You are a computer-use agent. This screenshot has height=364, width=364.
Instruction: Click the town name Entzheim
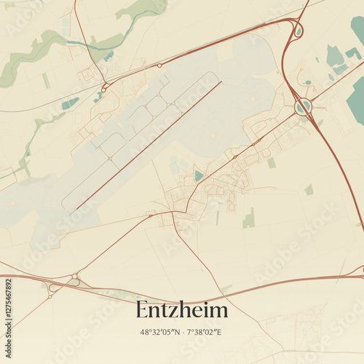point(181,310)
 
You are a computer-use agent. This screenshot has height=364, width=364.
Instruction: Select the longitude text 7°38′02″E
point(204,332)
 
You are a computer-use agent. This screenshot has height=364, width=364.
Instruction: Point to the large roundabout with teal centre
point(304,106)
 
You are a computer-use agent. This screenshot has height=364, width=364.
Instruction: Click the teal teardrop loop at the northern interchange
point(298,31)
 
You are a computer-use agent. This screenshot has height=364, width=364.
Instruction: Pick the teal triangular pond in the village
point(199,175)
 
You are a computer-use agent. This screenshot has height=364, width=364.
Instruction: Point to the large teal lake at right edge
point(357,102)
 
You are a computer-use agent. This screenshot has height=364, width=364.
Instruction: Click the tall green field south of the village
point(249,218)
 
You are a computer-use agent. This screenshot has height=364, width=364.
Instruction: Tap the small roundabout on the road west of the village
point(151,215)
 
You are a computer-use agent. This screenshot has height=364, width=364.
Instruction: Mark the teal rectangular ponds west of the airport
point(70,103)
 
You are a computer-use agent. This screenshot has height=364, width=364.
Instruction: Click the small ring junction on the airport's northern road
point(160,66)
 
